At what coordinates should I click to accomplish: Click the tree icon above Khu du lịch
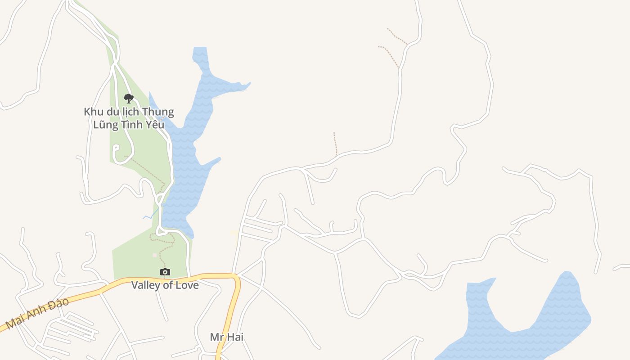(129, 98)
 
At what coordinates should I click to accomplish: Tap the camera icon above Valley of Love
(165, 272)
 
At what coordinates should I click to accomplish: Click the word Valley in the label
(145, 285)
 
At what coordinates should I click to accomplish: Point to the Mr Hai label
(226, 337)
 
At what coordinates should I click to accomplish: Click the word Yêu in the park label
(153, 125)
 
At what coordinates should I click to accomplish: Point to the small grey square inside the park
(155, 255)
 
